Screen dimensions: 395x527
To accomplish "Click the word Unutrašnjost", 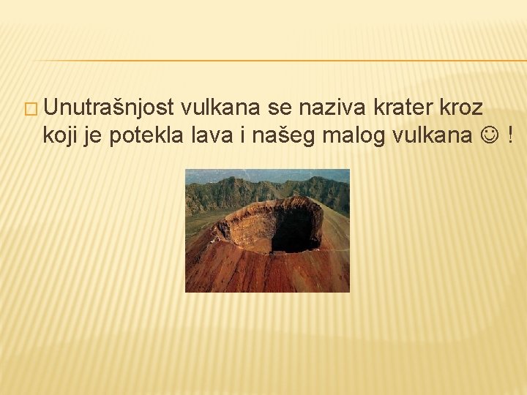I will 108,108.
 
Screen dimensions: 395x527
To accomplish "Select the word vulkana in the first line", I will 220,108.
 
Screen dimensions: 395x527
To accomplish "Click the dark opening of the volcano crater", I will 296,230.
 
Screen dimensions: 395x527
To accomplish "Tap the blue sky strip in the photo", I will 267,174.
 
